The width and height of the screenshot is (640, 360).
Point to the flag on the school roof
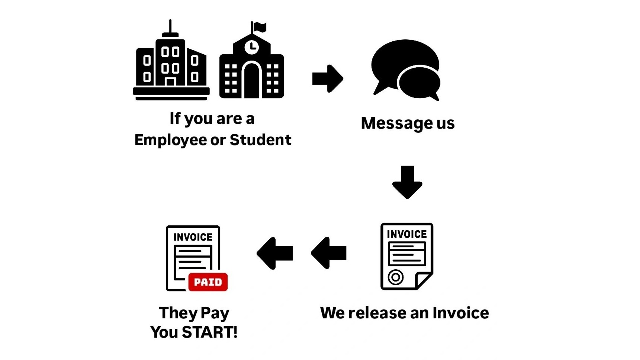coord(260,27)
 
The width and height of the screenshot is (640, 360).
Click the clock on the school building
coord(252,47)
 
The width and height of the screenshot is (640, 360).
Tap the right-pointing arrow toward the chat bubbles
coord(328,78)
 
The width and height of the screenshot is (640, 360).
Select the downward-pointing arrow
coord(407,182)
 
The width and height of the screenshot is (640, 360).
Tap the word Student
coord(260,140)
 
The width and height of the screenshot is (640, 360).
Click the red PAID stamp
coord(208,282)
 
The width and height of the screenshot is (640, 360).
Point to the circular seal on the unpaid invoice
coord(396,277)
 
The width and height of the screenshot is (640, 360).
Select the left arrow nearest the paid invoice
coord(275,253)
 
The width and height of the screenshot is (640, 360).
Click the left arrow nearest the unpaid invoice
coord(329,253)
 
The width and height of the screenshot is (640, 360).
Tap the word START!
coord(210,332)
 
